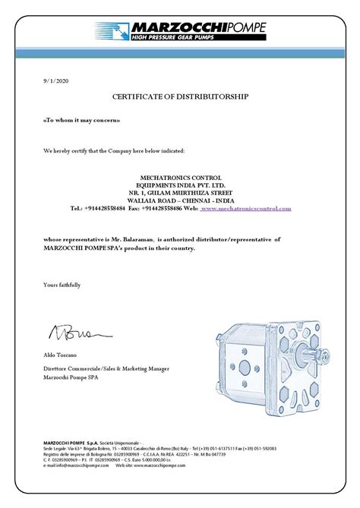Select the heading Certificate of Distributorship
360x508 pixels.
coord(179,99)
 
